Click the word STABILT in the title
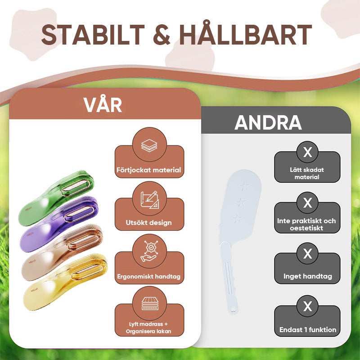(x=93, y=35)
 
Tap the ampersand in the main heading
(x=162, y=35)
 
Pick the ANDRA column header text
(x=268, y=122)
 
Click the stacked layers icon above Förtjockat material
(x=149, y=145)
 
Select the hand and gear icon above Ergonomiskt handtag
(x=149, y=251)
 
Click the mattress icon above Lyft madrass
(x=150, y=303)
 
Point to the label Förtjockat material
(x=149, y=170)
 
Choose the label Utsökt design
(x=149, y=223)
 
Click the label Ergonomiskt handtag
(x=149, y=276)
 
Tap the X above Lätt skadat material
(x=307, y=152)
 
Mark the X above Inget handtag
(x=307, y=253)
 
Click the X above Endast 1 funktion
(x=307, y=306)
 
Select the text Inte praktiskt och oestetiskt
(x=306, y=224)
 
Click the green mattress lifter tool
(x=56, y=198)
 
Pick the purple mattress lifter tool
(x=59, y=224)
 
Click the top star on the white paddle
(x=244, y=186)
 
